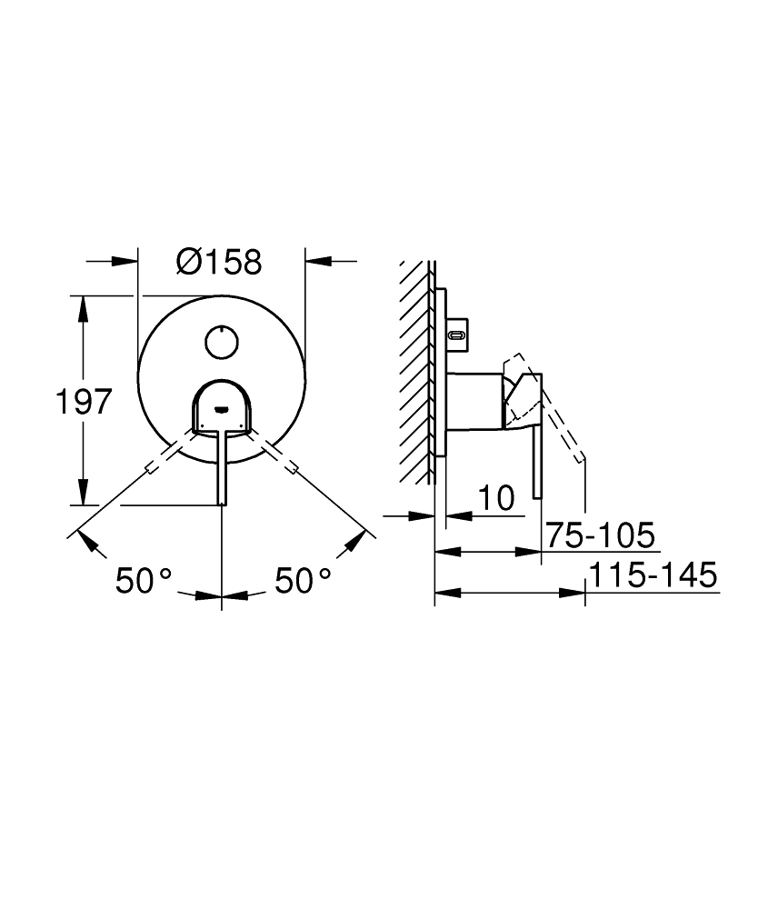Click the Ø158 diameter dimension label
tap(219, 262)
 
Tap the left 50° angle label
tap(144, 581)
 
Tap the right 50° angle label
tap(303, 581)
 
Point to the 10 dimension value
tap(496, 498)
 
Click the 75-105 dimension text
tap(601, 534)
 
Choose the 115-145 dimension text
tap(653, 575)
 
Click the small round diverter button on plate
tap(222, 342)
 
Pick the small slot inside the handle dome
tap(221, 410)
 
